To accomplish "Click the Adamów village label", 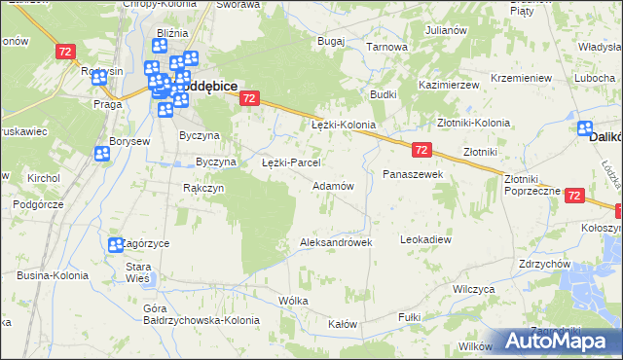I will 332,185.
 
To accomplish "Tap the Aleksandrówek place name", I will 336,242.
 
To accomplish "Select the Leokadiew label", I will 426,238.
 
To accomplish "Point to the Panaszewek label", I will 413,174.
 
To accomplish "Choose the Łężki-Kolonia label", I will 343,126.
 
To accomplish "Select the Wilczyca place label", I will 474,289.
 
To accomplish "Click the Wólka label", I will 293,301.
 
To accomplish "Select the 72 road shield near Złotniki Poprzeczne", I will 573,196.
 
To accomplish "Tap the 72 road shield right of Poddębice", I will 249,98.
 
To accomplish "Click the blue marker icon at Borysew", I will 102,153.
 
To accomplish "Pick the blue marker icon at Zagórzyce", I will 116,245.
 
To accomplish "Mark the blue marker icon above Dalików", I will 587,128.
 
